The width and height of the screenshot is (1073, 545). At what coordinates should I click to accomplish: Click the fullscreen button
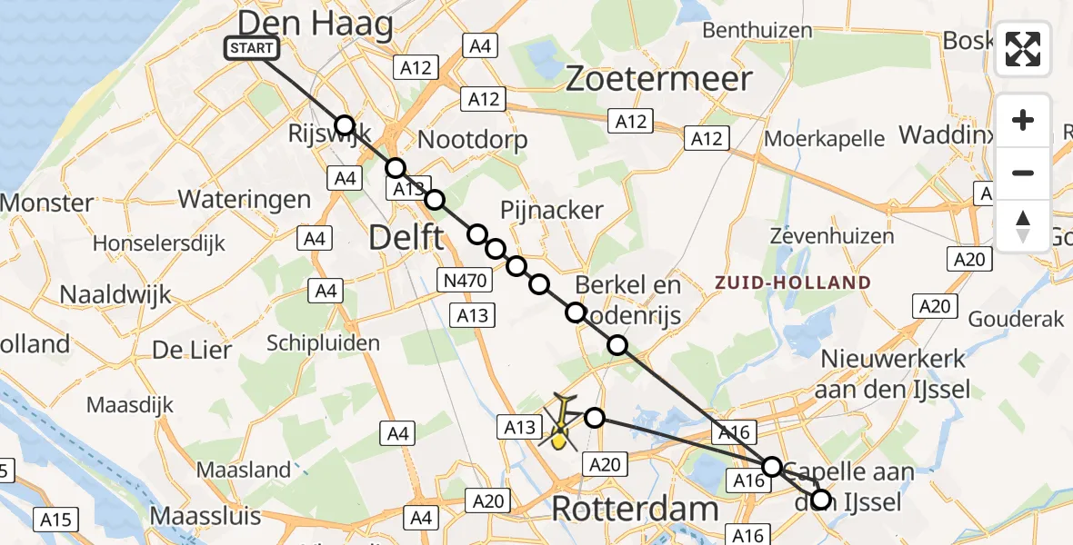click(1023, 49)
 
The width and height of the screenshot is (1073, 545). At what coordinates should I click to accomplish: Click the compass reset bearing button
click(1023, 226)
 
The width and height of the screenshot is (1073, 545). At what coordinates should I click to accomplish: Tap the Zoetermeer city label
click(658, 80)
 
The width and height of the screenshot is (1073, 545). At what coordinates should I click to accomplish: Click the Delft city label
click(406, 239)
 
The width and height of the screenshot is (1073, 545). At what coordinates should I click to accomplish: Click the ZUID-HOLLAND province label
click(792, 282)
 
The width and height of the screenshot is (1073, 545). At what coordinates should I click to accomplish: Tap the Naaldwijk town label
click(115, 294)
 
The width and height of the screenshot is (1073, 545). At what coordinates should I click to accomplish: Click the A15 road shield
click(55, 520)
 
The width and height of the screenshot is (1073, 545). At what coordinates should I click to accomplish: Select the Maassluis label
click(205, 515)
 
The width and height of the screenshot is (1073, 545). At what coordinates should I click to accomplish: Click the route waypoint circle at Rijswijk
click(344, 125)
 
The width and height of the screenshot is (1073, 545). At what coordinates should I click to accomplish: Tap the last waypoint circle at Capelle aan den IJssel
click(821, 500)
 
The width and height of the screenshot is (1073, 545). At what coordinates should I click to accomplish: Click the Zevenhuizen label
click(831, 236)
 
